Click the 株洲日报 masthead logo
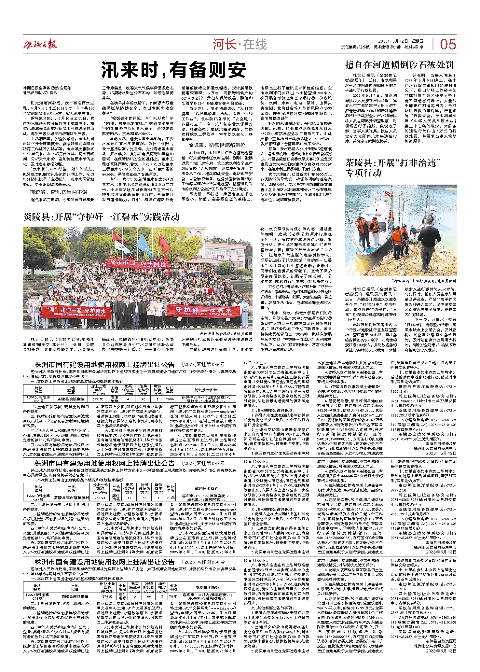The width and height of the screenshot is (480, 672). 40,44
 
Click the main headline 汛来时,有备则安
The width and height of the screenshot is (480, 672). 173,70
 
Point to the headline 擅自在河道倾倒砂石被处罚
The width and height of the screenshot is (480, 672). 399,65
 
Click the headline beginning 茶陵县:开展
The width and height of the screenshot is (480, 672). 393,167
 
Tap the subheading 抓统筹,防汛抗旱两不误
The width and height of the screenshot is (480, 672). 59,192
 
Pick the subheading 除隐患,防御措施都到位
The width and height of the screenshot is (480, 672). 217,145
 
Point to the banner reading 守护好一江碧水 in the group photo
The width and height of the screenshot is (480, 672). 204,310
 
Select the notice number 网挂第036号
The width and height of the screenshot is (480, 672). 203,365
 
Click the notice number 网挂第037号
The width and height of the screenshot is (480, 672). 203,463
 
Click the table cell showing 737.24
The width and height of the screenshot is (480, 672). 100,497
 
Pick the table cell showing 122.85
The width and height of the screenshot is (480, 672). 98,399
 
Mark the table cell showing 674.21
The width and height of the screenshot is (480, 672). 107,596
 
